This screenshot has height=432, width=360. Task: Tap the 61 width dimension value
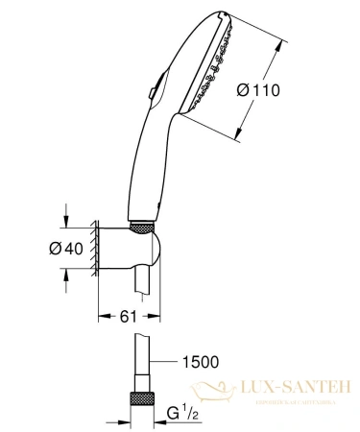116,314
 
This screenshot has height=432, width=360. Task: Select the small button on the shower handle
151,92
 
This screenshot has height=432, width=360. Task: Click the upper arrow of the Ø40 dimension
65,214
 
